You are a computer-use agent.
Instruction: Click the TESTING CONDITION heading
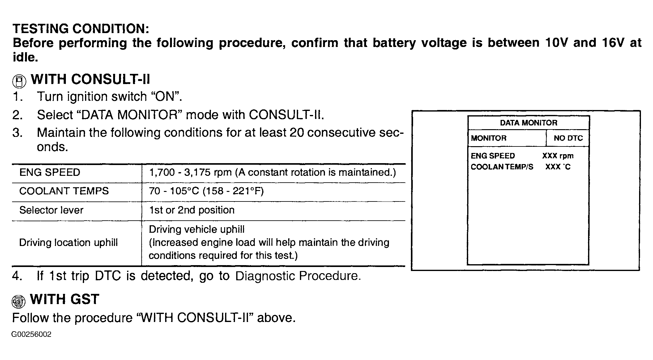[x=81, y=29]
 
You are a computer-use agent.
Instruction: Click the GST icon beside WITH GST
[x=18, y=301]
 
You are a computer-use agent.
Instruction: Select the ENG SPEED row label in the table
[x=50, y=172]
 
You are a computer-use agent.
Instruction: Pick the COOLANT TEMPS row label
[x=64, y=191]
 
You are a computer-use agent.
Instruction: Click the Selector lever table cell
[x=51, y=210]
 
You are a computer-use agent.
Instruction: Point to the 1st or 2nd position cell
[x=192, y=210]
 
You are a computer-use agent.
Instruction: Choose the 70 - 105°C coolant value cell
[x=206, y=191]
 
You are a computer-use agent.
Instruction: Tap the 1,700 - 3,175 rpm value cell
[x=272, y=172]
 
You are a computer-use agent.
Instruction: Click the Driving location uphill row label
[x=68, y=243]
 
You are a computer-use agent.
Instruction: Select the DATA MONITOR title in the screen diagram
[x=528, y=123]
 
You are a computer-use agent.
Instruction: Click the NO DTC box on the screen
[x=568, y=138]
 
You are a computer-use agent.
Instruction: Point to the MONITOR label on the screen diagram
[x=489, y=138]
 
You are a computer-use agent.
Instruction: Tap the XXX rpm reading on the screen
[x=558, y=156]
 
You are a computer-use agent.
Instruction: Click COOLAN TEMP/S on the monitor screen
[x=502, y=167]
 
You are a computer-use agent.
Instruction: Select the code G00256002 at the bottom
[x=31, y=334]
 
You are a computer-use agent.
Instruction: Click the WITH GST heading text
[x=65, y=299]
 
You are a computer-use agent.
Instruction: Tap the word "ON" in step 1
[x=165, y=97]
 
